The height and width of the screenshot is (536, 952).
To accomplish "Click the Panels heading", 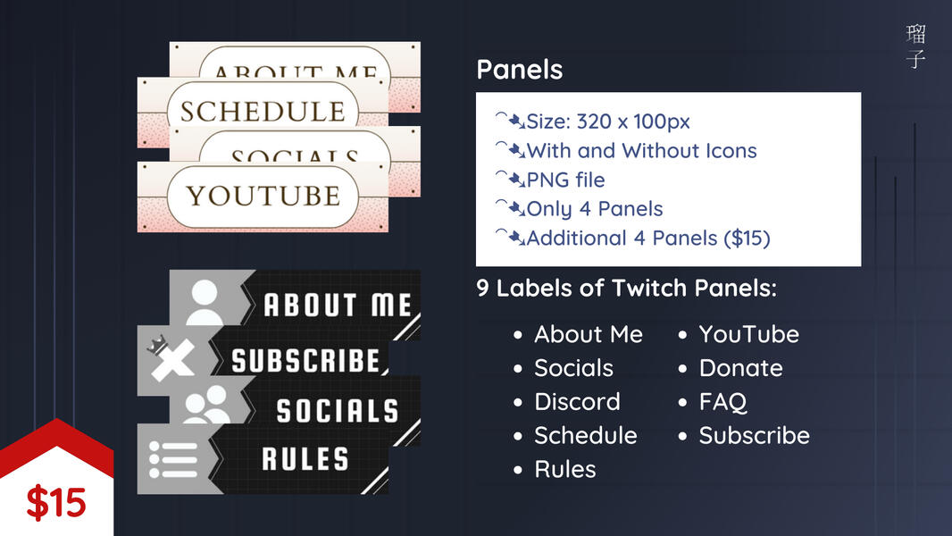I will (x=519, y=70).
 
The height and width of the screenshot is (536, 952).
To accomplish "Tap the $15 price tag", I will (x=55, y=503).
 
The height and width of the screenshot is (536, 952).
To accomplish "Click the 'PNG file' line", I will (x=564, y=180).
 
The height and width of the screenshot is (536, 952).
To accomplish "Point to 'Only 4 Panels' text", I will (x=594, y=209).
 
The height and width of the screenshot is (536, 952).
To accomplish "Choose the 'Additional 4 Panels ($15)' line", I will (x=647, y=239).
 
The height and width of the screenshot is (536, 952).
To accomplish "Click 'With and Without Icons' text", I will (x=640, y=151).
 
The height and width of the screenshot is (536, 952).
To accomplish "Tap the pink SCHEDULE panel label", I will (x=262, y=112).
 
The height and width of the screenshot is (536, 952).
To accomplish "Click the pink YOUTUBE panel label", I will (x=263, y=196).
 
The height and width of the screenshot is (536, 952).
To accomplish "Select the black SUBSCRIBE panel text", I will (x=305, y=361).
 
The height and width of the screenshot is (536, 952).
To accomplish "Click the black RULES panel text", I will (x=305, y=460).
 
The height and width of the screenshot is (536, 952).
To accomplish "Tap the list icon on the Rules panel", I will (x=171, y=459).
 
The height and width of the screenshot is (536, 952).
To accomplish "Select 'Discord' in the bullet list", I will (x=576, y=402).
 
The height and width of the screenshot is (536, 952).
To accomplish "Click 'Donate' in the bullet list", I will (x=739, y=368).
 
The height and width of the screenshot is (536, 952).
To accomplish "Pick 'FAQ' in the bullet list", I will (x=722, y=402).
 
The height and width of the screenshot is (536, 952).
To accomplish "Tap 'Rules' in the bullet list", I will (x=564, y=470).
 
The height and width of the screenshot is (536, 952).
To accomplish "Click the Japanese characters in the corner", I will (x=915, y=47).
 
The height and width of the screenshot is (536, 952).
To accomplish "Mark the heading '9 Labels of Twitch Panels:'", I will (x=626, y=289).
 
